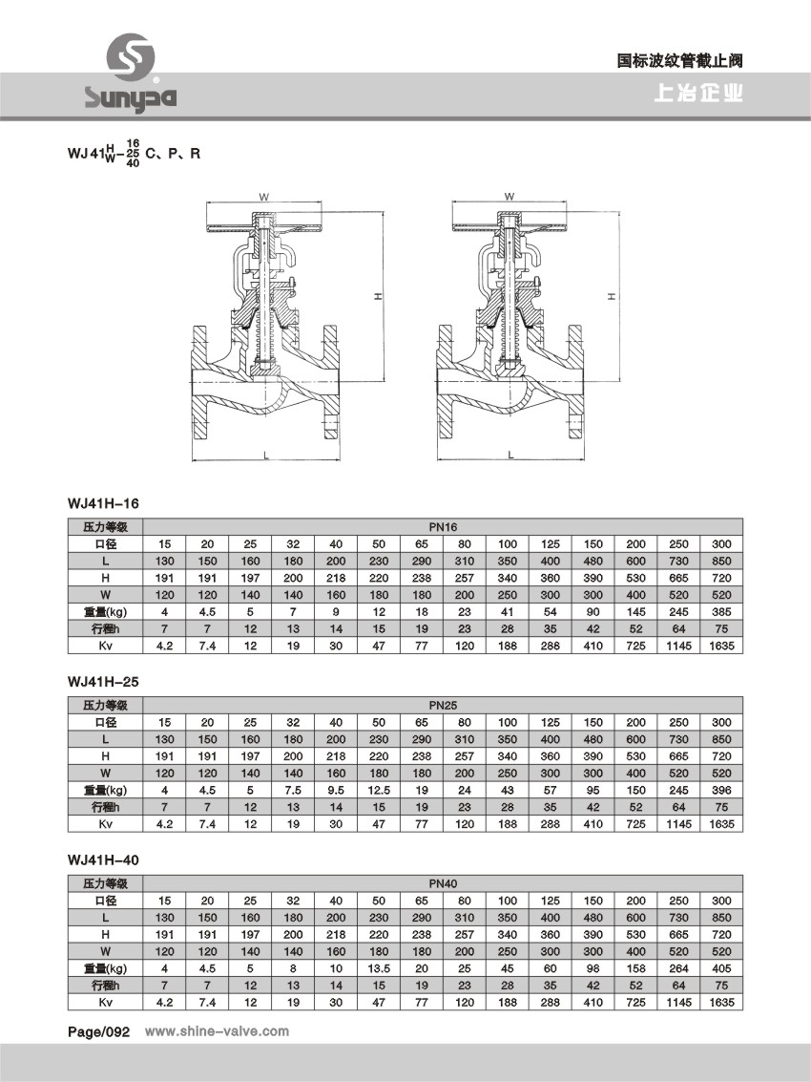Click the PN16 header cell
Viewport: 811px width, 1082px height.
pyautogui.click(x=443, y=526)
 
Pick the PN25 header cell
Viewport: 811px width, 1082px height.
pyautogui.click(x=443, y=706)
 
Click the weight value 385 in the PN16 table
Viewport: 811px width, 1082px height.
pyautogui.click(x=721, y=611)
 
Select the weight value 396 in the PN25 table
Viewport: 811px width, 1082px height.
pyautogui.click(x=721, y=790)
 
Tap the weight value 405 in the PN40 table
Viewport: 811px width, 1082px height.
pyautogui.click(x=721, y=968)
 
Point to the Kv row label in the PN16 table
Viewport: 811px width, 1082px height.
pyautogui.click(x=105, y=646)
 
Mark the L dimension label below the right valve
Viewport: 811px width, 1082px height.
pyautogui.click(x=509, y=454)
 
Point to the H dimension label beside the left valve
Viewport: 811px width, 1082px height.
pyautogui.click(x=378, y=298)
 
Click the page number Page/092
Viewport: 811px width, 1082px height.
pyautogui.click(x=97, y=1031)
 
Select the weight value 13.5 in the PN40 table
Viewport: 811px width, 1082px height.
pyautogui.click(x=379, y=968)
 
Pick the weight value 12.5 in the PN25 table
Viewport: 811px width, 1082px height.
pyautogui.click(x=379, y=790)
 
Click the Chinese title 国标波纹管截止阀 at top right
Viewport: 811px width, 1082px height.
pyautogui.click(x=679, y=60)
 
